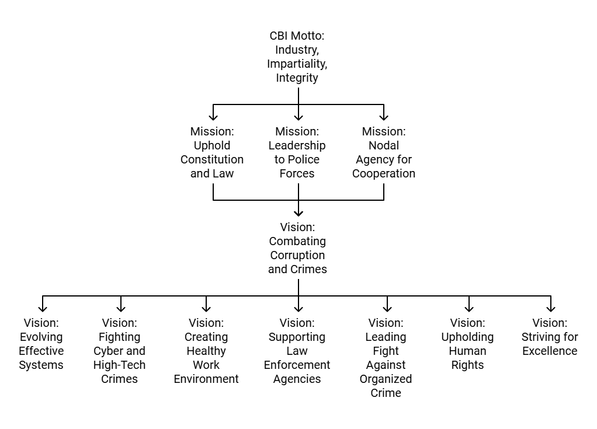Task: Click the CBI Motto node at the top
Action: pos(297,57)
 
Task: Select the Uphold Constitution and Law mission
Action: pos(212,152)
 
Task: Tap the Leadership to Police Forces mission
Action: pos(297,152)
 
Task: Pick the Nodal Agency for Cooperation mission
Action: pos(384,152)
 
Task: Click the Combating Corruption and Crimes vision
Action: pos(297,248)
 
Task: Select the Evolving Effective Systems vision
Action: pos(41,344)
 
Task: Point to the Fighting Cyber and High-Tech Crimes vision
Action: pos(120,351)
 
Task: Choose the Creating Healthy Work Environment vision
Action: pos(206,351)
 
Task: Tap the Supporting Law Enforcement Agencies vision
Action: pos(297,351)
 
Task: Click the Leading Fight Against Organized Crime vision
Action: pos(386,358)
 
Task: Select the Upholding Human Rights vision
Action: pos(467,344)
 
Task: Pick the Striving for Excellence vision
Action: pos(550,337)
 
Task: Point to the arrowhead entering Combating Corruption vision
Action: pos(298,212)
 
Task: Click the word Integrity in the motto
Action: pos(297,78)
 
